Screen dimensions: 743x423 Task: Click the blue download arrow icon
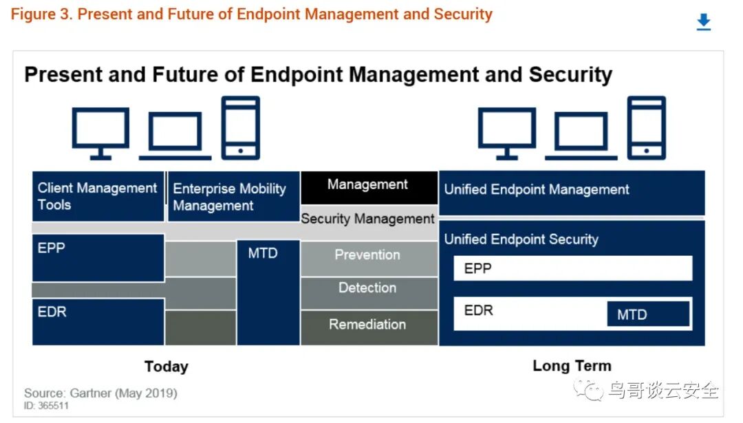pyautogui.click(x=704, y=22)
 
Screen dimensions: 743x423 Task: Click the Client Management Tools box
pyautogui.click(x=98, y=196)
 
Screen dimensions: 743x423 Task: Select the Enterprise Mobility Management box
pyautogui.click(x=234, y=196)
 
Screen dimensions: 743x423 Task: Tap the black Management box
pyautogui.click(x=369, y=188)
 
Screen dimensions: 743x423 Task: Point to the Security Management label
pyautogui.click(x=367, y=218)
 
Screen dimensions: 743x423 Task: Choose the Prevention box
pyautogui.click(x=369, y=259)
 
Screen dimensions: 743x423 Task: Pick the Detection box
pyautogui.click(x=369, y=293)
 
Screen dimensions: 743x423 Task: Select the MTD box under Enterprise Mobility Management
pyautogui.click(x=268, y=293)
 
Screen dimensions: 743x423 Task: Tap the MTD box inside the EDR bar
pyautogui.click(x=648, y=314)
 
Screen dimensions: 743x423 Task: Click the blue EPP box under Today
pyautogui.click(x=98, y=258)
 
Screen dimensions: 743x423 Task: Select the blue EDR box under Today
pyautogui.click(x=98, y=322)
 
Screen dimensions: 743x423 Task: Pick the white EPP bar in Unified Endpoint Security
pyautogui.click(x=573, y=268)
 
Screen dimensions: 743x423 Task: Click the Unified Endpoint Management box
pyautogui.click(x=572, y=193)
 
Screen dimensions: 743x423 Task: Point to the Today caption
pyautogui.click(x=166, y=367)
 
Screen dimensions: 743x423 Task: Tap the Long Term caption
pyautogui.click(x=572, y=366)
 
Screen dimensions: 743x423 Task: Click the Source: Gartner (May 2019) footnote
pyautogui.click(x=100, y=393)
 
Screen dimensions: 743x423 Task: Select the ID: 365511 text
pyautogui.click(x=47, y=406)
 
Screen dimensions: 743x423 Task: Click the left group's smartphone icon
pyautogui.click(x=241, y=128)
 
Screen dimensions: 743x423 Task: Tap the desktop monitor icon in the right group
pyautogui.click(x=506, y=133)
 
